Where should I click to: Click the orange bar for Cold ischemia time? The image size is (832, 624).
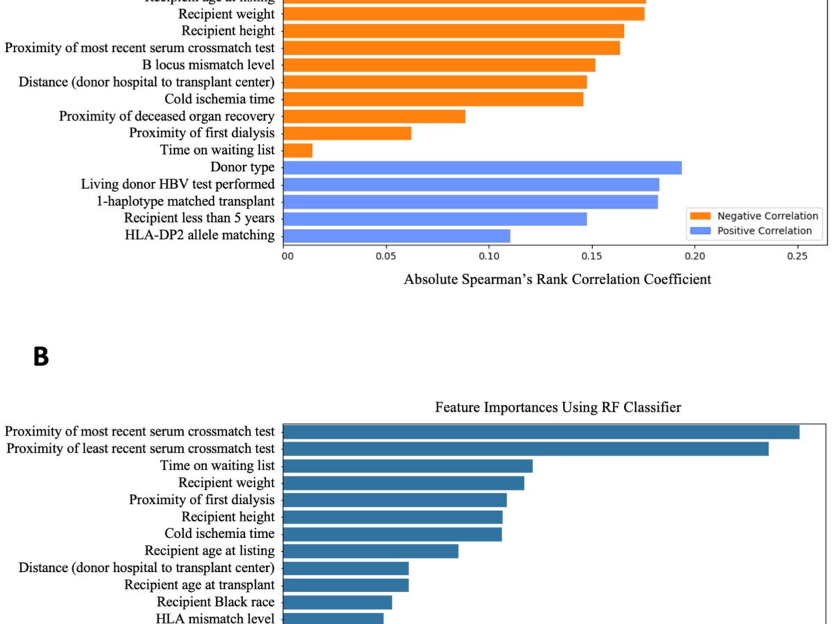pos(433,99)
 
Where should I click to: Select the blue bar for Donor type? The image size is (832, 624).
pos(483,167)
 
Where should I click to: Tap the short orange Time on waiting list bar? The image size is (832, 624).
pos(298,150)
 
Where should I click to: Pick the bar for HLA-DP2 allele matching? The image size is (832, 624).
pos(397,236)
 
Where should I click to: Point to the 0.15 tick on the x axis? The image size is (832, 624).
pos(592,256)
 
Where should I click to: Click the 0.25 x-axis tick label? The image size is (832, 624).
pos(797,256)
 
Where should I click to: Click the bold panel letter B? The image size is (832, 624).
pos(41,356)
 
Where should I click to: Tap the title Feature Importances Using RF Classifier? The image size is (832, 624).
pos(557,408)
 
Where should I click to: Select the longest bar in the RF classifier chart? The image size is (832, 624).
pos(541,432)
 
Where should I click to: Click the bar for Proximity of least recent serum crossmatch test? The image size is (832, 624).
pos(526,449)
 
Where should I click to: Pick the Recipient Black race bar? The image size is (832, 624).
pos(338,602)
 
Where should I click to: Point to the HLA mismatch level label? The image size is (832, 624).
pos(215,618)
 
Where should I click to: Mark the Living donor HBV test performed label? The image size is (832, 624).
pos(177,184)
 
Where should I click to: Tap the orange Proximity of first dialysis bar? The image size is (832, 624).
pos(347,133)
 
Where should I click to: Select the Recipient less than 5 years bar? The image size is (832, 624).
pos(435,219)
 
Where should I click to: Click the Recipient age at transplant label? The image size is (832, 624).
pos(199,585)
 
